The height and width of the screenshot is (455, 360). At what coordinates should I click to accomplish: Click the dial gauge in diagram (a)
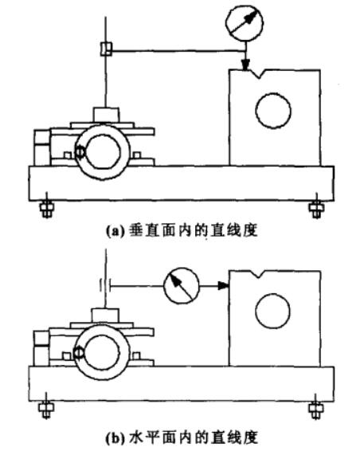coord(245,23)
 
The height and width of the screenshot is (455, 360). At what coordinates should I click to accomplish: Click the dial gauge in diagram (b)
coord(182,285)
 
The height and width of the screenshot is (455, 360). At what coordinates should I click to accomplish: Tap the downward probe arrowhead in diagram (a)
coord(245,65)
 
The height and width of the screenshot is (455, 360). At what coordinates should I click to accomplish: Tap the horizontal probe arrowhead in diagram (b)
coord(224,286)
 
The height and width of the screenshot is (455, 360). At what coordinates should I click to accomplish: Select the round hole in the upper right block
coord(273,111)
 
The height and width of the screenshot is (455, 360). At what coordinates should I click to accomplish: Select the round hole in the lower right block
coord(272,311)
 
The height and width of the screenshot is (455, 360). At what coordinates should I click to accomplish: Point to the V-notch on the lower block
coord(256,274)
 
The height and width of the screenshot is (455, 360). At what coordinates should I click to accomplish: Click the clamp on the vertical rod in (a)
coord(106,49)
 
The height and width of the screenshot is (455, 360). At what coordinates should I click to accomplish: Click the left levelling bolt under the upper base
coord(46,208)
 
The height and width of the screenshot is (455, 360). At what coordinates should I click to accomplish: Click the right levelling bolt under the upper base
coord(316,208)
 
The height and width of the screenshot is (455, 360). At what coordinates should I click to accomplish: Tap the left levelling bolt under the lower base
coord(46,409)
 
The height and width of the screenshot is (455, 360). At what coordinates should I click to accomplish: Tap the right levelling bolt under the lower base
coord(316,409)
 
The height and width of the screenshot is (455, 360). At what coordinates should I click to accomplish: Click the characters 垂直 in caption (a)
coord(145,231)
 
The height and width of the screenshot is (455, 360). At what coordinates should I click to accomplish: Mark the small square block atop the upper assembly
coord(106,115)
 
